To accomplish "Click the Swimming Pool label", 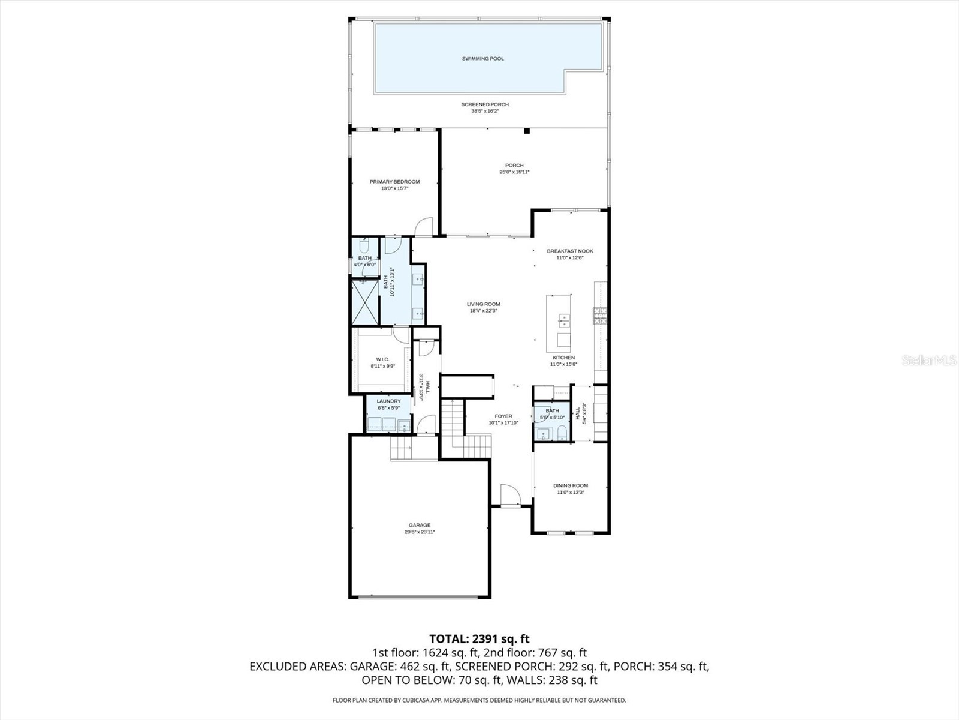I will pyautogui.click(x=482, y=59).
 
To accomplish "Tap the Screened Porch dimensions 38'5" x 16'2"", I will pyautogui.click(x=485, y=111).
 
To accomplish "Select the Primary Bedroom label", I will pyautogui.click(x=394, y=182).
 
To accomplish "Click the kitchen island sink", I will pyautogui.click(x=563, y=319).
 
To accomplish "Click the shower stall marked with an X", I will pyautogui.click(x=364, y=302).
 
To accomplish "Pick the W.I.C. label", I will pyautogui.click(x=382, y=359).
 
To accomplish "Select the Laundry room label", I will pyautogui.click(x=388, y=401).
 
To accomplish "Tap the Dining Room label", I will pyautogui.click(x=571, y=485).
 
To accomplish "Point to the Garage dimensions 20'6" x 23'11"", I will pyautogui.click(x=420, y=532).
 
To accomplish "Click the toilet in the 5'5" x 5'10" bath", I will pyautogui.click(x=562, y=433).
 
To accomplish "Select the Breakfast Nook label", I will pyautogui.click(x=569, y=251).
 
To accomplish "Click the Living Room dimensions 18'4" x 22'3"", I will pyautogui.click(x=483, y=311).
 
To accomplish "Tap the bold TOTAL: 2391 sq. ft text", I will pyautogui.click(x=479, y=639).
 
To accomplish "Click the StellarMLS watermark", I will pyautogui.click(x=928, y=361).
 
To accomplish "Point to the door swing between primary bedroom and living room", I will pyautogui.click(x=423, y=226).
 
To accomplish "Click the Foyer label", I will pyautogui.click(x=503, y=416).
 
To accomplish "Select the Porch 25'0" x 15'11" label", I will pyautogui.click(x=514, y=166).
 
